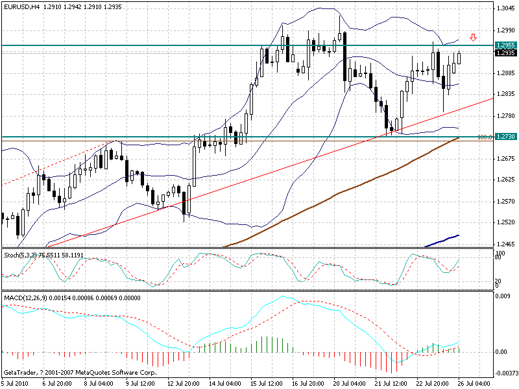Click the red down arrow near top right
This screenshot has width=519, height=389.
[x=474, y=37]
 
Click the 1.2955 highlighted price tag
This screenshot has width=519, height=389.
[x=505, y=45]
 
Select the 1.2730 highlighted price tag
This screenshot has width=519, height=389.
[x=505, y=137]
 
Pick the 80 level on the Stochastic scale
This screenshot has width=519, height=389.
[x=497, y=258]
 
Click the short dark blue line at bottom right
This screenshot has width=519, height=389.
[x=442, y=241]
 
